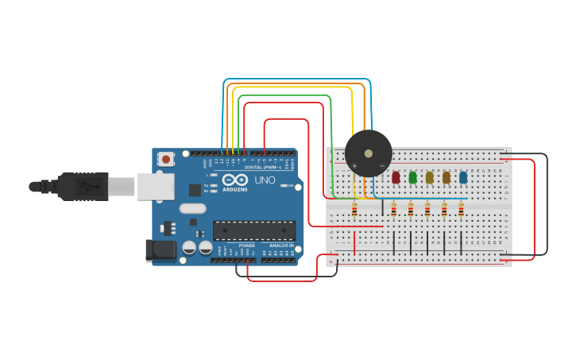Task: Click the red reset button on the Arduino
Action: click(x=165, y=159)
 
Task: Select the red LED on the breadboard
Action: click(x=396, y=177)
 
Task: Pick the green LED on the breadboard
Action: click(x=412, y=177)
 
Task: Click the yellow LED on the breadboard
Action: click(x=430, y=177)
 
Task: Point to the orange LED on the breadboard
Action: click(x=446, y=177)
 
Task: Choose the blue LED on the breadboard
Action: click(x=463, y=177)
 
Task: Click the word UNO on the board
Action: click(x=265, y=180)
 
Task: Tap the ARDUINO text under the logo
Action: click(x=234, y=190)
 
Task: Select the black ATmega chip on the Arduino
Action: click(x=253, y=230)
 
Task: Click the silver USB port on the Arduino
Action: click(x=156, y=186)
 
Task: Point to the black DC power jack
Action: click(x=160, y=250)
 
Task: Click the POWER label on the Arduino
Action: click(x=247, y=246)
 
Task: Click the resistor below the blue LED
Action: click(x=461, y=209)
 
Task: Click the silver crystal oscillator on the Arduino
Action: click(x=192, y=209)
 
